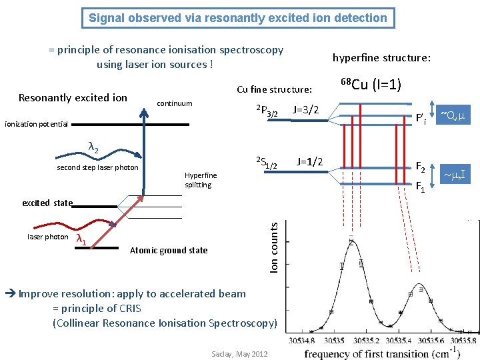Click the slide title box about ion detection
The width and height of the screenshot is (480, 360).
click(238, 18)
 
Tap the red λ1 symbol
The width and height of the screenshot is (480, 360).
click(82, 239)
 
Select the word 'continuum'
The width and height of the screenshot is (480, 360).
click(174, 103)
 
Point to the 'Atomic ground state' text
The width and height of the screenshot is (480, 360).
click(169, 251)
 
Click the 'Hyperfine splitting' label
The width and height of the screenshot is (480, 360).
click(200, 180)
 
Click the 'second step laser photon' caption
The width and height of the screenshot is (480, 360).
click(97, 168)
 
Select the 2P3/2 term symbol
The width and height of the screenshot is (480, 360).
click(267, 111)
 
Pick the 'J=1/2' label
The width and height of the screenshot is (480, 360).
click(311, 161)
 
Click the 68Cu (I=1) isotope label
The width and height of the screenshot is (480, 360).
click(370, 85)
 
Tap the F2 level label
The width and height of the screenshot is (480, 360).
click(421, 166)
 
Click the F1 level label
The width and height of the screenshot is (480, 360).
click(421, 187)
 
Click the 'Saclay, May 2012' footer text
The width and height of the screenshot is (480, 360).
click(239, 354)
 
